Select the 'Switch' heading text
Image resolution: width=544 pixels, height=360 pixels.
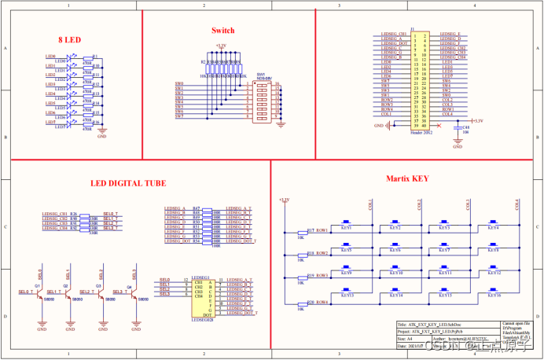point(222,31)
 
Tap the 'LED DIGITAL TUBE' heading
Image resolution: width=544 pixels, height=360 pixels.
point(127,183)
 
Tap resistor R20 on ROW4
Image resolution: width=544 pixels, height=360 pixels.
point(301,302)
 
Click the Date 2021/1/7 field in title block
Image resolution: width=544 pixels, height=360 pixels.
point(429,346)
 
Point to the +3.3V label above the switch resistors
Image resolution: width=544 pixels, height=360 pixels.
point(221,46)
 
